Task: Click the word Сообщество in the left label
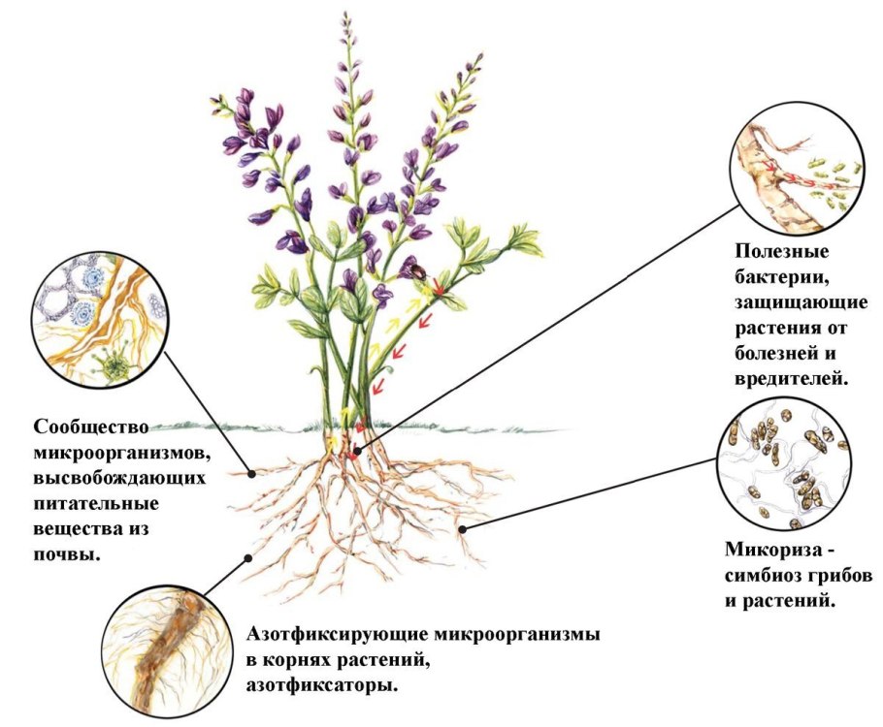pyautogui.click(x=92, y=427)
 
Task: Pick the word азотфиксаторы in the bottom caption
pyautogui.click(x=324, y=684)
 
